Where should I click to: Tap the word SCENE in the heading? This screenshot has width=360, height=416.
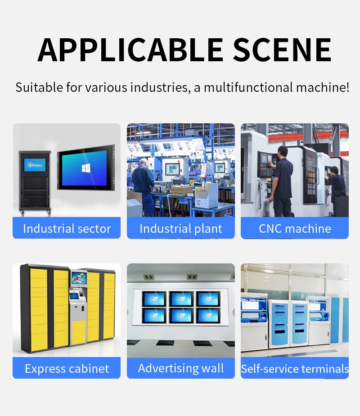[282, 50]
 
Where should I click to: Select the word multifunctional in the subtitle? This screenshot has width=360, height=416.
[248, 87]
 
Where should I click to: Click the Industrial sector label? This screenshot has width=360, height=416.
[67, 229]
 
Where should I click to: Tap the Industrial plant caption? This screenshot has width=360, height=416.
[181, 229]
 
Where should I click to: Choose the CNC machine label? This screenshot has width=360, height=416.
[295, 229]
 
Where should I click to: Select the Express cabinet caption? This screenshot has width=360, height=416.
[67, 369]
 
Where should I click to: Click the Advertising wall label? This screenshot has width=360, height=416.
[181, 368]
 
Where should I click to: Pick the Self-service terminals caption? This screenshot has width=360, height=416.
[295, 369]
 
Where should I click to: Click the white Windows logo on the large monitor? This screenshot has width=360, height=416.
[86, 168]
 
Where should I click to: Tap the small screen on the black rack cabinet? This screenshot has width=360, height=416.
[35, 165]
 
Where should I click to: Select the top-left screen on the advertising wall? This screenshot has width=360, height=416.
[154, 298]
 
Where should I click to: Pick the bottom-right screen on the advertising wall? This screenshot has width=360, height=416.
[208, 316]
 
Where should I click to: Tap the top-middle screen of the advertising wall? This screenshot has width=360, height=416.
[181, 298]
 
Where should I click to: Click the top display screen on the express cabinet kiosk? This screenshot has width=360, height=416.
[79, 278]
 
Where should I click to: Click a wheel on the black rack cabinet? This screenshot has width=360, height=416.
[22, 212]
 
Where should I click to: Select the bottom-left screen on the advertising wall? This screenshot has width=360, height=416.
[154, 316]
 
